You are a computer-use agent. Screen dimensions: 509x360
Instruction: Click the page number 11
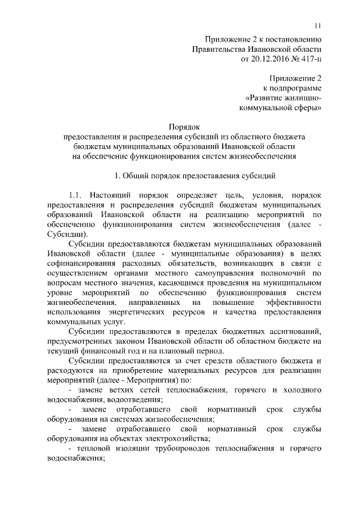318,25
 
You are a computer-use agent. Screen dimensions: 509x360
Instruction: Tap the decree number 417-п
308,57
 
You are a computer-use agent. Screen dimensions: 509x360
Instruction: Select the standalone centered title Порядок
184,128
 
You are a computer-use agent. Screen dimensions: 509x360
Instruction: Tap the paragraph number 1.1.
75,195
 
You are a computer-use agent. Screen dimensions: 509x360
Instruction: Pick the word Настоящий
112,195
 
